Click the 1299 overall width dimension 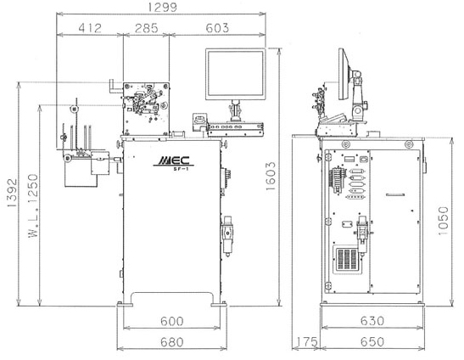pos(162,7)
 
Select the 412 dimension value pos(90,28)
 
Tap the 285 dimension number pos(147,28)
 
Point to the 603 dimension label pos(217,28)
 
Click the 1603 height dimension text pos(271,176)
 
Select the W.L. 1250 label pos(33,206)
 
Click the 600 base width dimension pos(172,321)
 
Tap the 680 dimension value pos(172,342)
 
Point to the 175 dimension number pos(305,342)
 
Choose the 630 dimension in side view pos(372,321)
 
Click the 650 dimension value pos(372,342)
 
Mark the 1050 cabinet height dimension pos(443,222)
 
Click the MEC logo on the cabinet pos(174,160)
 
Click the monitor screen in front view pos(235,73)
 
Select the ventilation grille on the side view pos(348,260)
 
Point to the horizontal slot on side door pos(395,195)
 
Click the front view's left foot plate pos(125,304)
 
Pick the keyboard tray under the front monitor pos(235,127)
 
